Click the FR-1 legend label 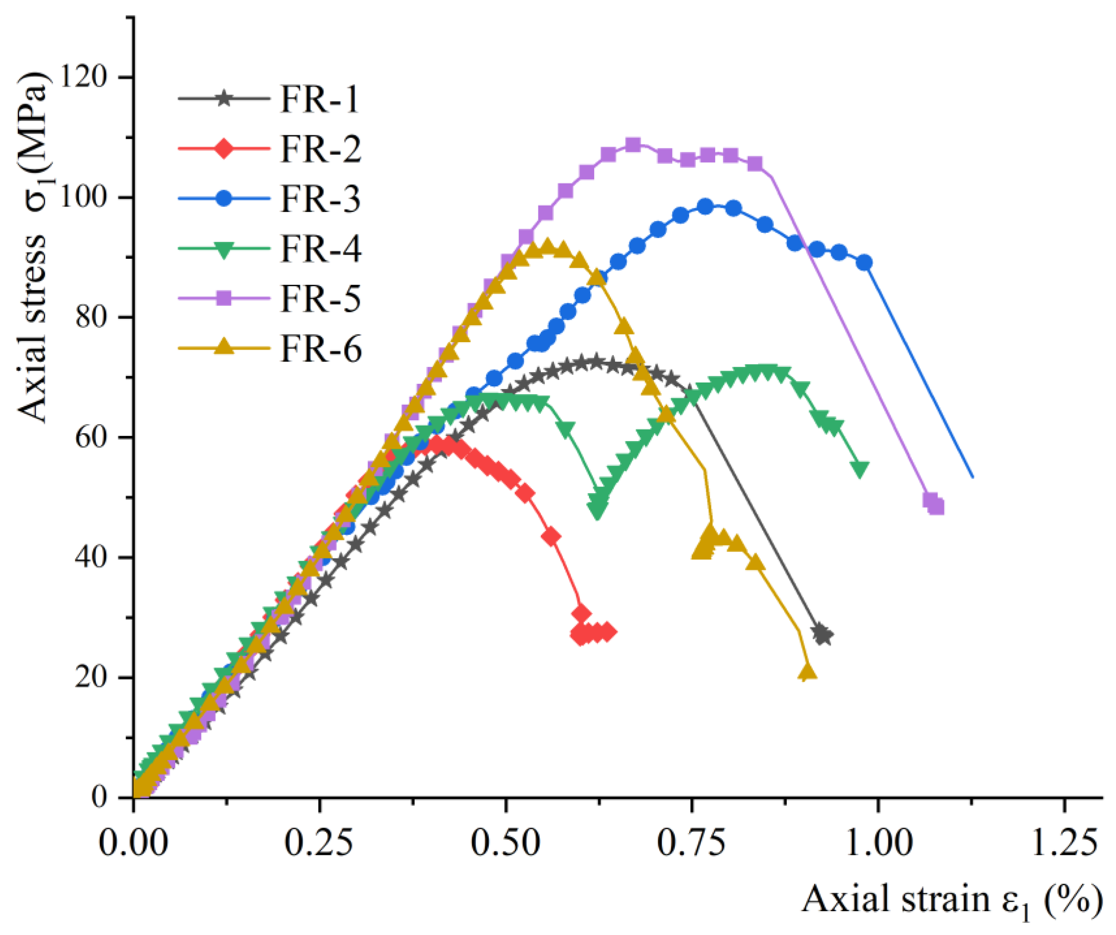click(320, 99)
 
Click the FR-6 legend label click(320, 349)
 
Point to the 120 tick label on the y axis click(84, 78)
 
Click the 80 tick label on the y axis click(91, 317)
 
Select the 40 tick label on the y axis click(91, 558)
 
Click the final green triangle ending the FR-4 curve click(860, 468)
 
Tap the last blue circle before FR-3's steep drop click(865, 263)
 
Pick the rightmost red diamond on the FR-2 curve click(608, 632)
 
